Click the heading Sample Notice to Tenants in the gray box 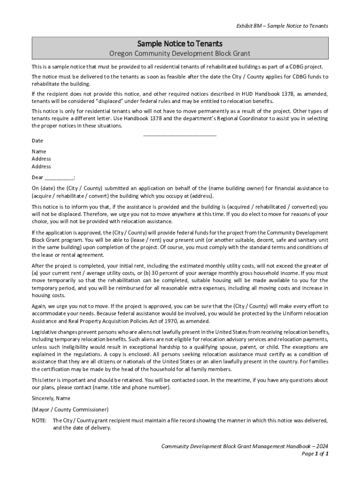click(x=180, y=44)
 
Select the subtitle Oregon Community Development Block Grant click(x=180, y=54)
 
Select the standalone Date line click(x=37, y=141)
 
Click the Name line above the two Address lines click(x=39, y=152)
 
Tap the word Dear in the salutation click(x=37, y=177)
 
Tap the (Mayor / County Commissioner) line click(x=70, y=409)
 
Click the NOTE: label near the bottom click(x=39, y=421)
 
